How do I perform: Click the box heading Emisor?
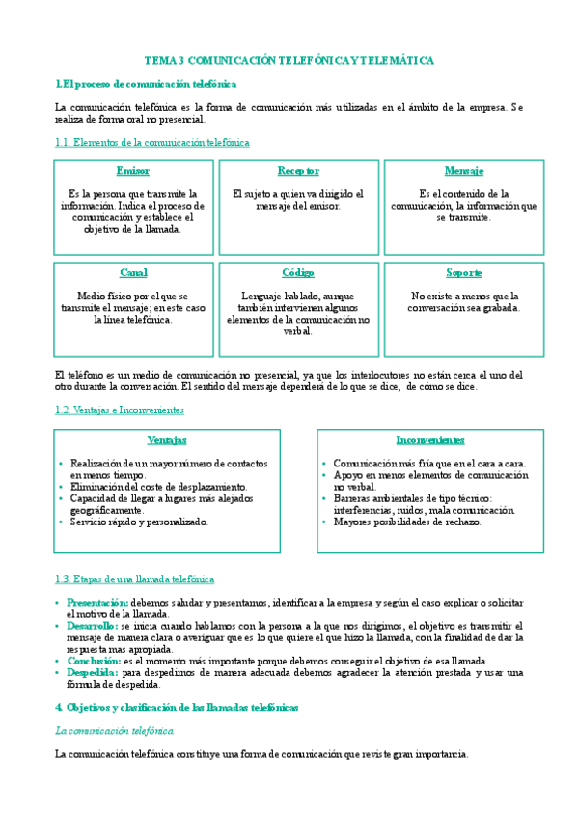tap(133, 171)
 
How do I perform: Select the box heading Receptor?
tap(298, 171)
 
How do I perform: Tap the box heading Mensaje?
tap(463, 171)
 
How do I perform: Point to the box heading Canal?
tap(133, 273)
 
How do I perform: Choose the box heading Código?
tap(298, 273)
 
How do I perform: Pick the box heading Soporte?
tap(463, 273)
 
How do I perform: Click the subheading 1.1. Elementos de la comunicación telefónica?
tap(152, 143)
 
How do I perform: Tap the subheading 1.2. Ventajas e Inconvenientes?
tap(120, 409)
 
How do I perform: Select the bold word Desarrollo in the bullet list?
tap(93, 626)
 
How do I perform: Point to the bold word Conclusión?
tap(94, 661)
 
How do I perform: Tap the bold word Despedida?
tap(93, 672)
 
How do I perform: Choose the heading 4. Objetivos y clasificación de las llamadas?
tap(177, 708)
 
